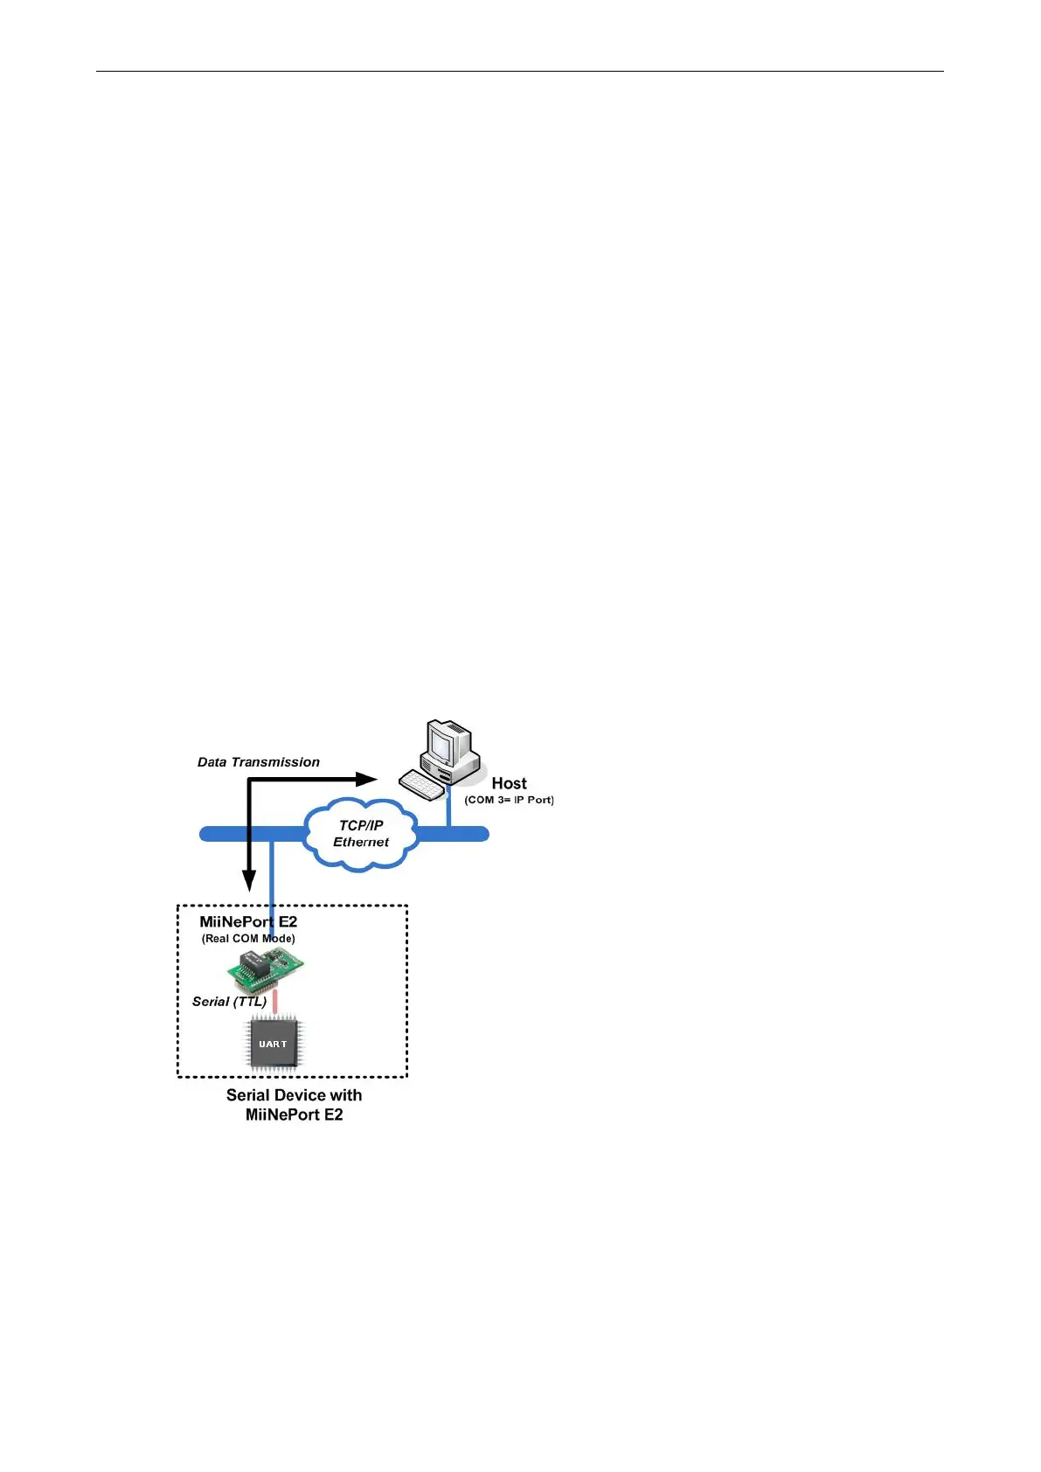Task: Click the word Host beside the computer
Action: pos(509,783)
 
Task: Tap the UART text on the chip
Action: pos(273,1044)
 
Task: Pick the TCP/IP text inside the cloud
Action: pos(361,825)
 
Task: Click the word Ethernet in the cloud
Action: pos(361,842)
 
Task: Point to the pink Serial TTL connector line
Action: pos(274,1002)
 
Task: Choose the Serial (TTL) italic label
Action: pos(229,1002)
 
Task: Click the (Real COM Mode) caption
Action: pos(248,939)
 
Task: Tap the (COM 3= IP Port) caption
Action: pos(509,800)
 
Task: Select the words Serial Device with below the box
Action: pos(294,1095)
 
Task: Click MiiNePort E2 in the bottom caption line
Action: pos(294,1114)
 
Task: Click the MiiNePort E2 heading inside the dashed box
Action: pos(248,921)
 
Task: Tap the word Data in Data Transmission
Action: pos(212,762)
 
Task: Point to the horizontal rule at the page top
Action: pos(519,72)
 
